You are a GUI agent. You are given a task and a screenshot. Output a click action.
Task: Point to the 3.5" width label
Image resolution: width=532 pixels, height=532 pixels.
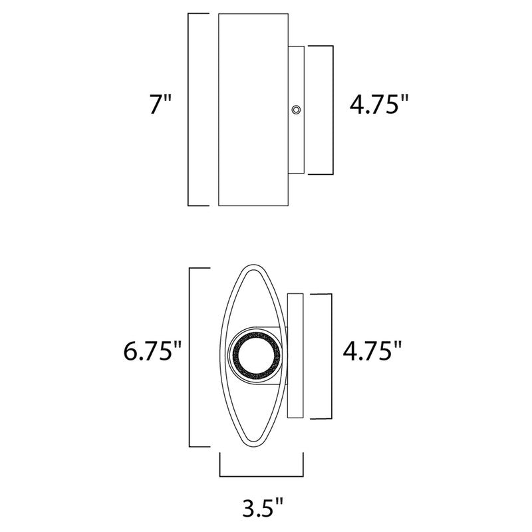[x=261, y=510]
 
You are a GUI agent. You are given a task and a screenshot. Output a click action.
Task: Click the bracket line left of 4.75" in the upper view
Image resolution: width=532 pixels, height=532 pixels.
[x=331, y=109]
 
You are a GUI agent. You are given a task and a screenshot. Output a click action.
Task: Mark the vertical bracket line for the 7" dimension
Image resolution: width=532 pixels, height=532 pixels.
[x=190, y=109]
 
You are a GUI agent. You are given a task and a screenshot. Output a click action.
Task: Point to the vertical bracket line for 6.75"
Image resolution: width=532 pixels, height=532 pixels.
[x=192, y=356]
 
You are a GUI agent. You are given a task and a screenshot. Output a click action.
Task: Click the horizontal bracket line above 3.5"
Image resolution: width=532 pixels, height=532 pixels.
[x=261, y=475]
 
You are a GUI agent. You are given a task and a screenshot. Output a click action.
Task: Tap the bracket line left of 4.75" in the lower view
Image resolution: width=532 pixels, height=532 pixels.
[x=331, y=355]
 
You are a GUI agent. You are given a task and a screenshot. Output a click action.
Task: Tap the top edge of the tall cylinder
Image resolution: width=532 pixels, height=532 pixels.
[x=253, y=13]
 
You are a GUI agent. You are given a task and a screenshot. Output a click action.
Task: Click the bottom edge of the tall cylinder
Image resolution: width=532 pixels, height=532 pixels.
[x=253, y=205]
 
